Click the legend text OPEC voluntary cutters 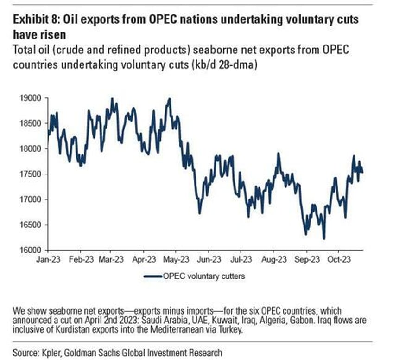pos(203,276)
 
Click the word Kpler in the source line pos(56,352)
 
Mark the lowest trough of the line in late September pos(324,239)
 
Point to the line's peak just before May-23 pos(169,98)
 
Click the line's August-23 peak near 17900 pos(279,154)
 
